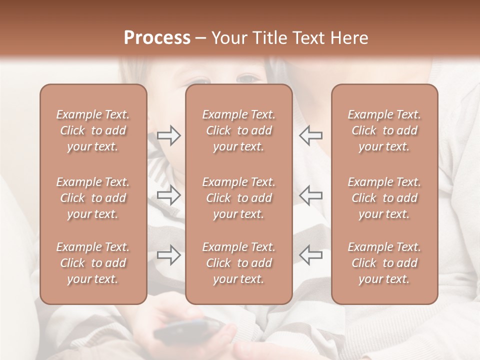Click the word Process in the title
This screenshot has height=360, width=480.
(157, 38)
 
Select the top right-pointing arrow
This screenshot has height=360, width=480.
(168, 135)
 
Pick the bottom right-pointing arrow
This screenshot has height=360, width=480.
(168, 255)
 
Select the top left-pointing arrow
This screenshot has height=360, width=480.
(310, 135)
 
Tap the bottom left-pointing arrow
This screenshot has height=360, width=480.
(310, 255)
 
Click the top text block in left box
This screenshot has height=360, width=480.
(93, 130)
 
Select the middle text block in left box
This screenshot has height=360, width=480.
(93, 198)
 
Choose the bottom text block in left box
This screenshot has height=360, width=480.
(93, 263)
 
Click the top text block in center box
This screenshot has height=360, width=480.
(238, 130)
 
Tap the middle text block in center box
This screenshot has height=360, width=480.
(238, 198)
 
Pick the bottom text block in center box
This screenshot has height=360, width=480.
(238, 263)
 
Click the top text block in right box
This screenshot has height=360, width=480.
(384, 130)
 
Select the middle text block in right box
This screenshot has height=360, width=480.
(384, 198)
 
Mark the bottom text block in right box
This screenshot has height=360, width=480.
(384, 263)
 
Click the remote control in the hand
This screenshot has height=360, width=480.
(187, 330)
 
